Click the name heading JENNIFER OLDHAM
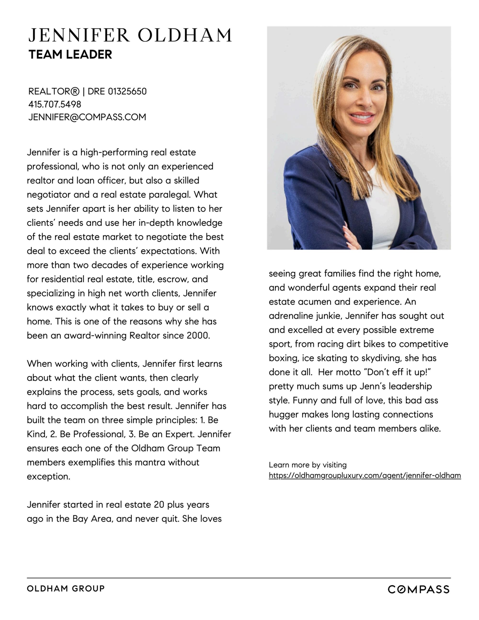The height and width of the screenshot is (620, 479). coord(130,35)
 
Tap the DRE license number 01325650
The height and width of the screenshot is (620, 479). coord(127,91)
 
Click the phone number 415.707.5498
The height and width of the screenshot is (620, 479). coord(55,104)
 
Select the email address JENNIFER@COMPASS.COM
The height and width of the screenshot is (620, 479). coord(87,117)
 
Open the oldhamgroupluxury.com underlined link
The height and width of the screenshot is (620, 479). coord(365,476)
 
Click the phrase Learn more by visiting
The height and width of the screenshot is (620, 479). coord(308,465)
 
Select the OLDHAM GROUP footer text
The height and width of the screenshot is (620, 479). coord(66,588)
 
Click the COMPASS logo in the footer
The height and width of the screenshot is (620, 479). coord(418,589)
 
